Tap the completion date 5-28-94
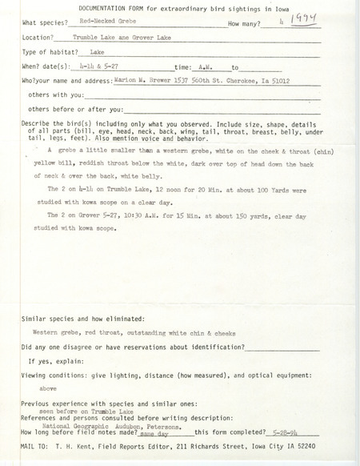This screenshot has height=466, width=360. tap(278, 431)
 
